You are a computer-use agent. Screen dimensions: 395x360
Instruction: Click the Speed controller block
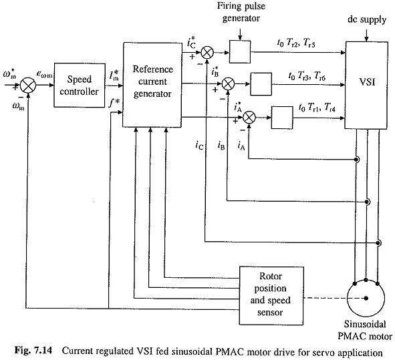[x=80, y=85]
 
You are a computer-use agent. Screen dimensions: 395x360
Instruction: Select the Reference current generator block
[x=152, y=85]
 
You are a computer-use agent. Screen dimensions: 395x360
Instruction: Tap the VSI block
[x=366, y=85]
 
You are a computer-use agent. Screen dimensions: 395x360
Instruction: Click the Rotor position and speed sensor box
[x=271, y=296]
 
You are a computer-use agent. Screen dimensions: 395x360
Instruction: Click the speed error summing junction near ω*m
[x=28, y=85]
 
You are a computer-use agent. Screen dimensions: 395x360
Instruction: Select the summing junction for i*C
[x=207, y=53]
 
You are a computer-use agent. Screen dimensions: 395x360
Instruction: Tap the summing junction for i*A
[x=249, y=118]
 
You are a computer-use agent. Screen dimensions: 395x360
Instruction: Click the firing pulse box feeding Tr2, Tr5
[x=240, y=52]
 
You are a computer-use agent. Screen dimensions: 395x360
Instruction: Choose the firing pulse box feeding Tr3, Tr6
[x=261, y=84]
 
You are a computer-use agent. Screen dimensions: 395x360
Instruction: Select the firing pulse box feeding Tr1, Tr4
[x=282, y=118]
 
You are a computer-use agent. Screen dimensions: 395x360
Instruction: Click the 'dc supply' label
[x=367, y=19]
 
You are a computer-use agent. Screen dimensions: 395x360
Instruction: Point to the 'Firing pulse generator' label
[x=241, y=12]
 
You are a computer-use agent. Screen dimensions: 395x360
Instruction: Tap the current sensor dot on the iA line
[x=356, y=160]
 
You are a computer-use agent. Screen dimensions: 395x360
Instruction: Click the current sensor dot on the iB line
[x=368, y=202]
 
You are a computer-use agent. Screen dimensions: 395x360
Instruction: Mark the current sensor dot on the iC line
[x=378, y=242]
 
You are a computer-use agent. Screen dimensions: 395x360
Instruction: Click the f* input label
[x=114, y=102]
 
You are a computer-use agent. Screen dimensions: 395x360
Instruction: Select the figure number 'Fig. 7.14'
[x=33, y=350]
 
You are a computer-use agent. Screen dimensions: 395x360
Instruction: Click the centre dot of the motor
[x=366, y=299]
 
